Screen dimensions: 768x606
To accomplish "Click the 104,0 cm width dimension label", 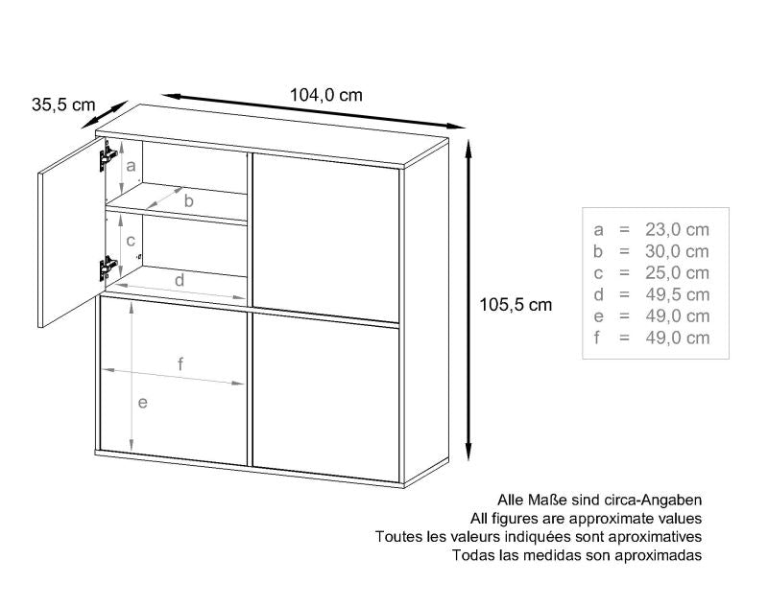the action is (x=326, y=94).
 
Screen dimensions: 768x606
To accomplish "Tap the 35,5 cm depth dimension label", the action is (x=63, y=105).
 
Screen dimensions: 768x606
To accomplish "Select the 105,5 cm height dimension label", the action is (x=516, y=305).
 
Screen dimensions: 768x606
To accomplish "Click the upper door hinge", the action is (x=108, y=155).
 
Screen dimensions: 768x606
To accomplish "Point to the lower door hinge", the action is (x=108, y=268).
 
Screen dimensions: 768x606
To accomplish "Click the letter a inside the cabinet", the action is (x=131, y=166).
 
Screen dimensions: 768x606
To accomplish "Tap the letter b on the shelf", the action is (x=189, y=200).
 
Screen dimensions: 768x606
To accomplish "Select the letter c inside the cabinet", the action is (x=131, y=241).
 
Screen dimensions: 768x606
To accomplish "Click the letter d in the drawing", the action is (x=180, y=280).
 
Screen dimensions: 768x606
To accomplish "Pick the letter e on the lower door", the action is (x=142, y=403).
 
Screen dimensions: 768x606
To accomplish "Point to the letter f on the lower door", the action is (x=180, y=364).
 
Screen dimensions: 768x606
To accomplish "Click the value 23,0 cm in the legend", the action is (x=677, y=229).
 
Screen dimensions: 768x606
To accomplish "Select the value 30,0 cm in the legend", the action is (x=677, y=251).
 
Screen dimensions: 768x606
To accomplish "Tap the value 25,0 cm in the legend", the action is (x=677, y=273).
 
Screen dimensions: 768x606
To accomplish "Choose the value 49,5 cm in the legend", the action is (x=677, y=294).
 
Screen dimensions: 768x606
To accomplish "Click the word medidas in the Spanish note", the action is (x=549, y=555).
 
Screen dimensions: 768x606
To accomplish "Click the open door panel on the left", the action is (x=71, y=232).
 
